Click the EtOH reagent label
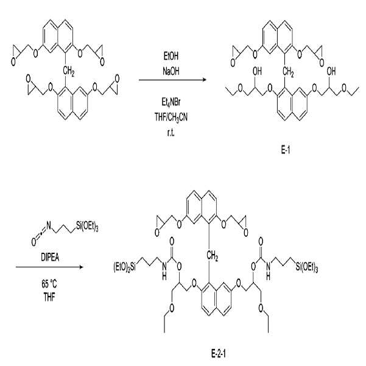[x=171, y=57]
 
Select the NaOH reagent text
[x=171, y=71]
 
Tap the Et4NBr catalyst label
[x=171, y=102]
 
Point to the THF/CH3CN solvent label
[x=171, y=117]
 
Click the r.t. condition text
[x=171, y=133]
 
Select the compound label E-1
[x=285, y=150]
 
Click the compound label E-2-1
[x=219, y=354]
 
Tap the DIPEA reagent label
[x=50, y=258]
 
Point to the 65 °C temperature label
[x=49, y=284]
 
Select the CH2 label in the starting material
[x=69, y=71]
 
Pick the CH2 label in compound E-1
[x=288, y=72]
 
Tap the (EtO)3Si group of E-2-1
[x=124, y=267]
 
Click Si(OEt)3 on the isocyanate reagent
[x=87, y=227]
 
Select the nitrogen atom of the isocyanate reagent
[x=48, y=225]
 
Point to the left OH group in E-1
[x=257, y=71]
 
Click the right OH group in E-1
[x=331, y=71]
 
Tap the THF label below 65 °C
[x=49, y=297]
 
